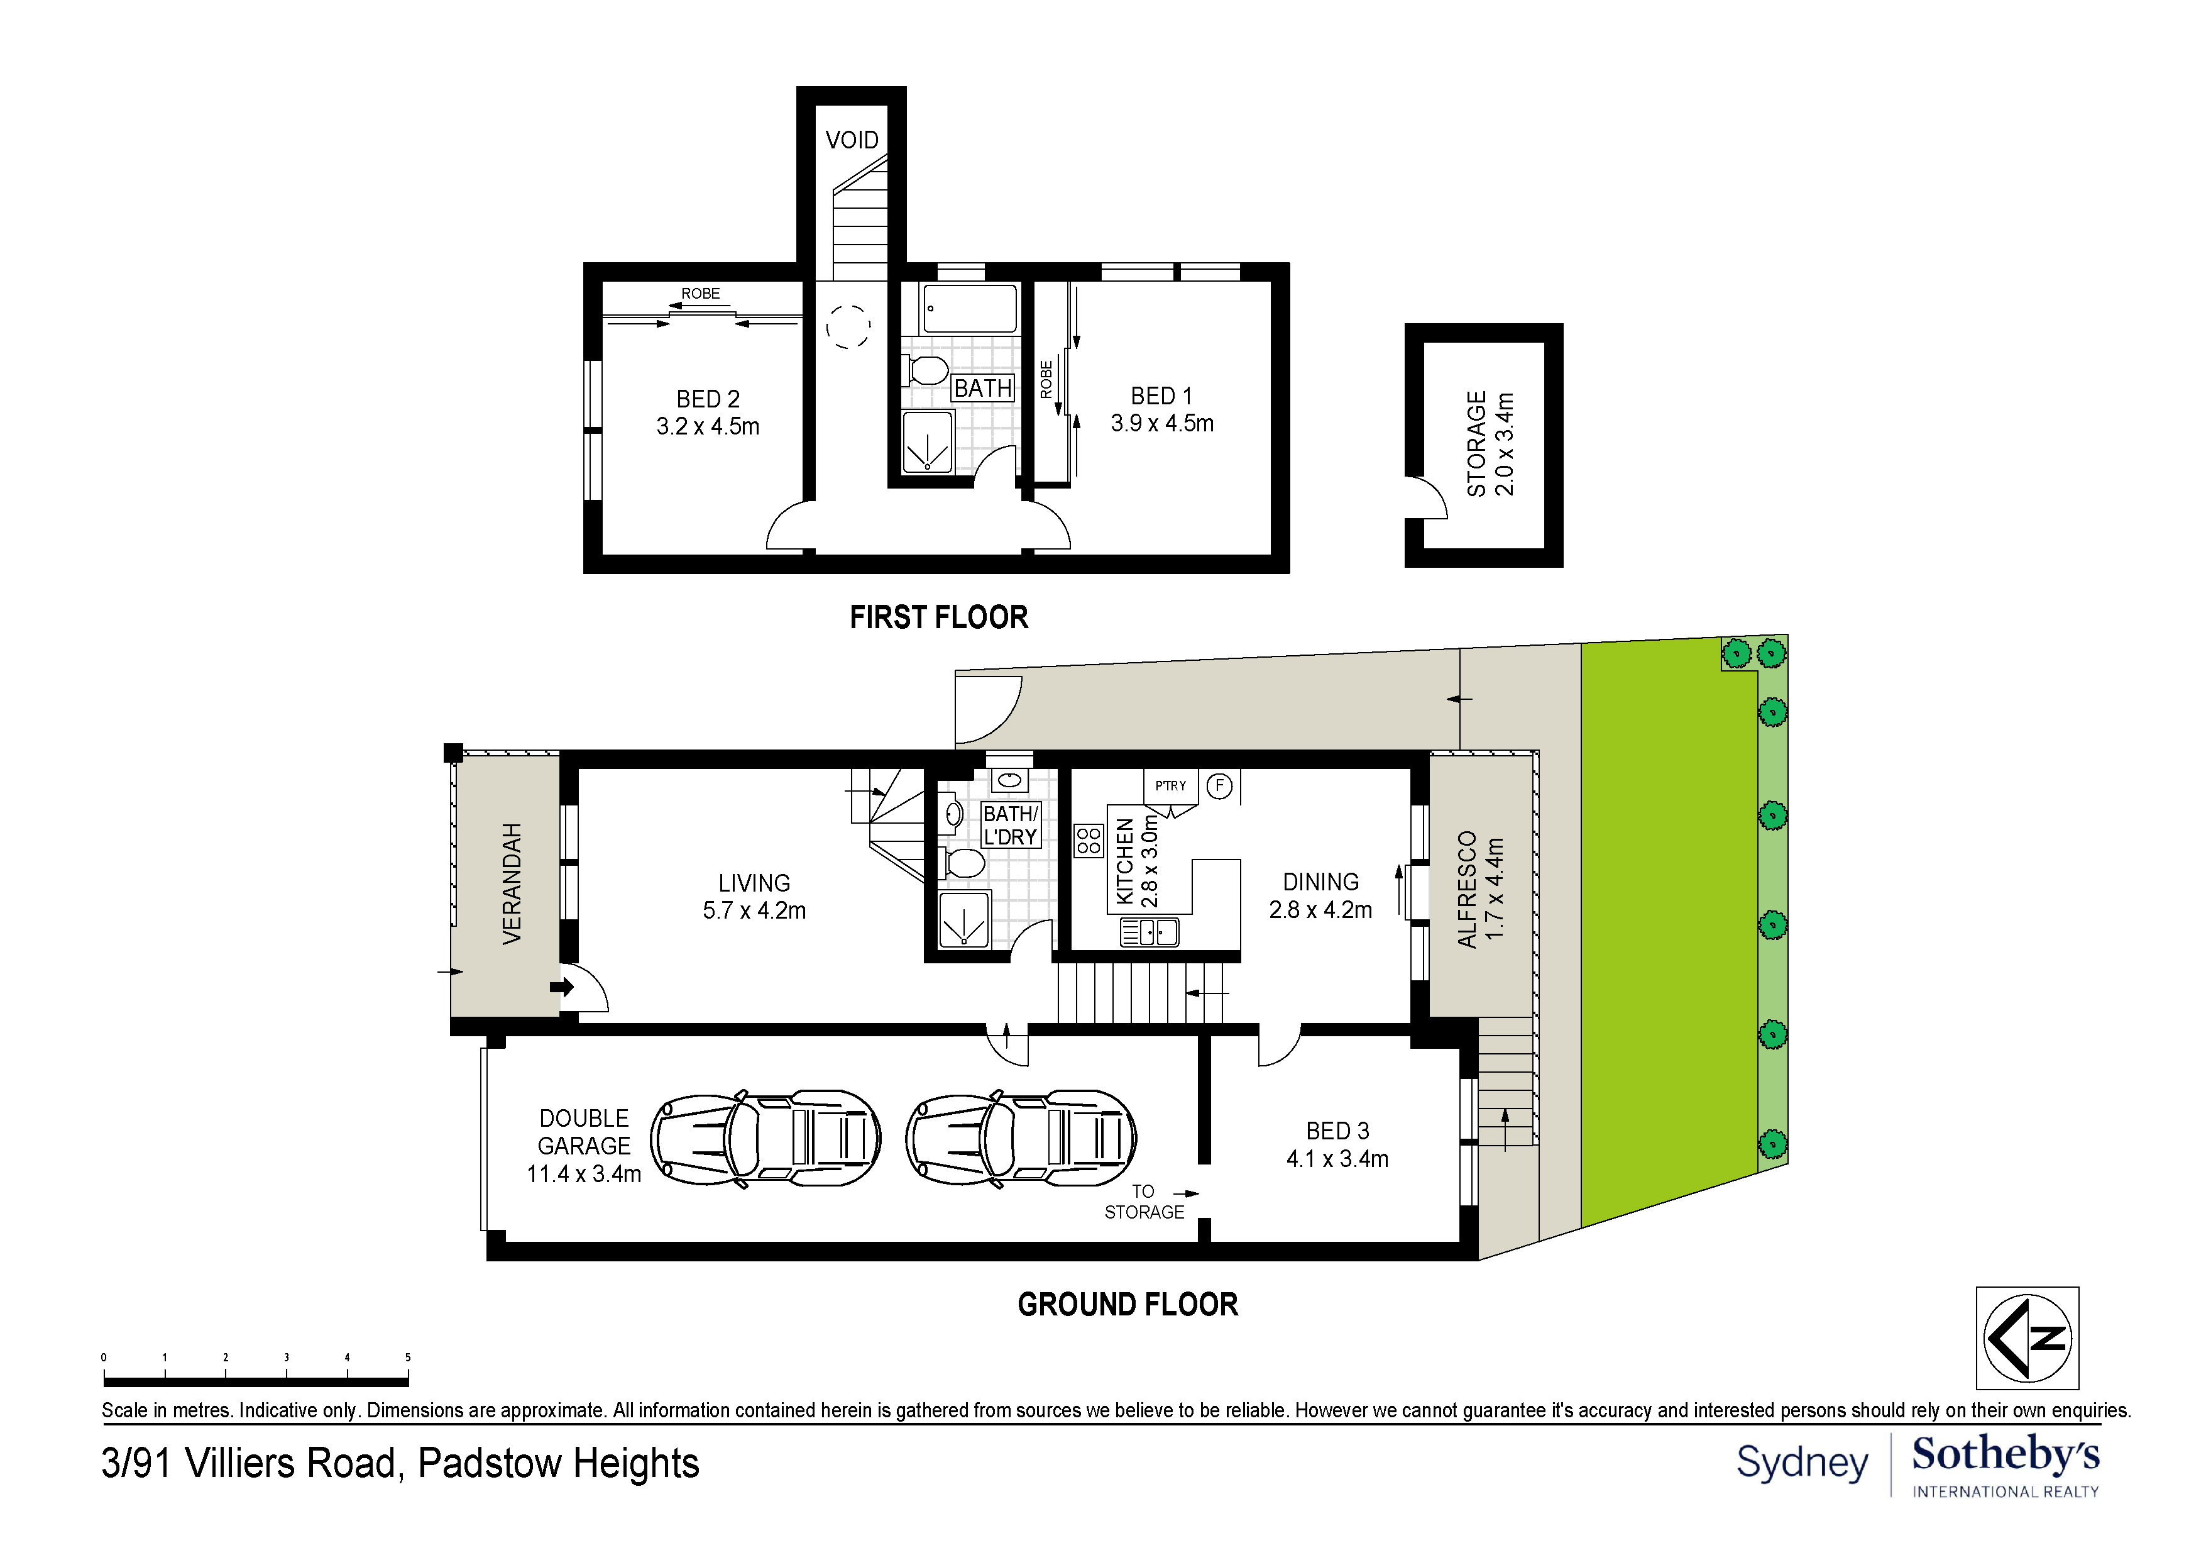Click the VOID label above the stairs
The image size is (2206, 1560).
(851, 140)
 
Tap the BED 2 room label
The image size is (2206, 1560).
(708, 399)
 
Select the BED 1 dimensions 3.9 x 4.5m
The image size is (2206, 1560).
(1163, 424)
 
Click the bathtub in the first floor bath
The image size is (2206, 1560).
(970, 309)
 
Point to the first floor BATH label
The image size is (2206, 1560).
(983, 389)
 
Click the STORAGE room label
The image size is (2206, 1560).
(1477, 444)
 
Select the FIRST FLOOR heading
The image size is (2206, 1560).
(939, 617)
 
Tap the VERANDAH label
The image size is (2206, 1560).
(512, 883)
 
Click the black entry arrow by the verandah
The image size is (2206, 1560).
(562, 987)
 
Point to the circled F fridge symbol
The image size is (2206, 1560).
(1219, 786)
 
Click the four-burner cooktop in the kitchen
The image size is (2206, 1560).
(1089, 841)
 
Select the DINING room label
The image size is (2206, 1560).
(1321, 882)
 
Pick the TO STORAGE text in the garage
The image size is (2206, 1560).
(1144, 1202)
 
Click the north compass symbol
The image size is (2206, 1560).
(2028, 1339)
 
